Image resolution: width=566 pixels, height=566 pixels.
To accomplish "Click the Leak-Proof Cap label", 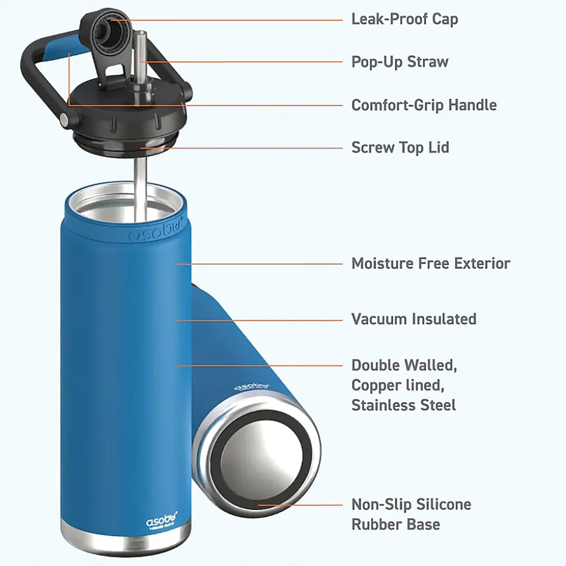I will tap(404, 19).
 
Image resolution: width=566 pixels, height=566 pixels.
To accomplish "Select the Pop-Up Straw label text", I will tap(400, 62).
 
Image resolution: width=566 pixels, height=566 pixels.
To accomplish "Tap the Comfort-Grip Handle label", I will tap(424, 105).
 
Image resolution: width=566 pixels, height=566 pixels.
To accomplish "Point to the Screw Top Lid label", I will tap(400, 147).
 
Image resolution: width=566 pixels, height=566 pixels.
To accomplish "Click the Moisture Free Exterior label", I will tap(431, 263).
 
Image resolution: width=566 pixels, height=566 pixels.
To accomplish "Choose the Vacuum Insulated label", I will tap(413, 319).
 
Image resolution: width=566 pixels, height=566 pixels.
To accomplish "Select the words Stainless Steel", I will tap(403, 405).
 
